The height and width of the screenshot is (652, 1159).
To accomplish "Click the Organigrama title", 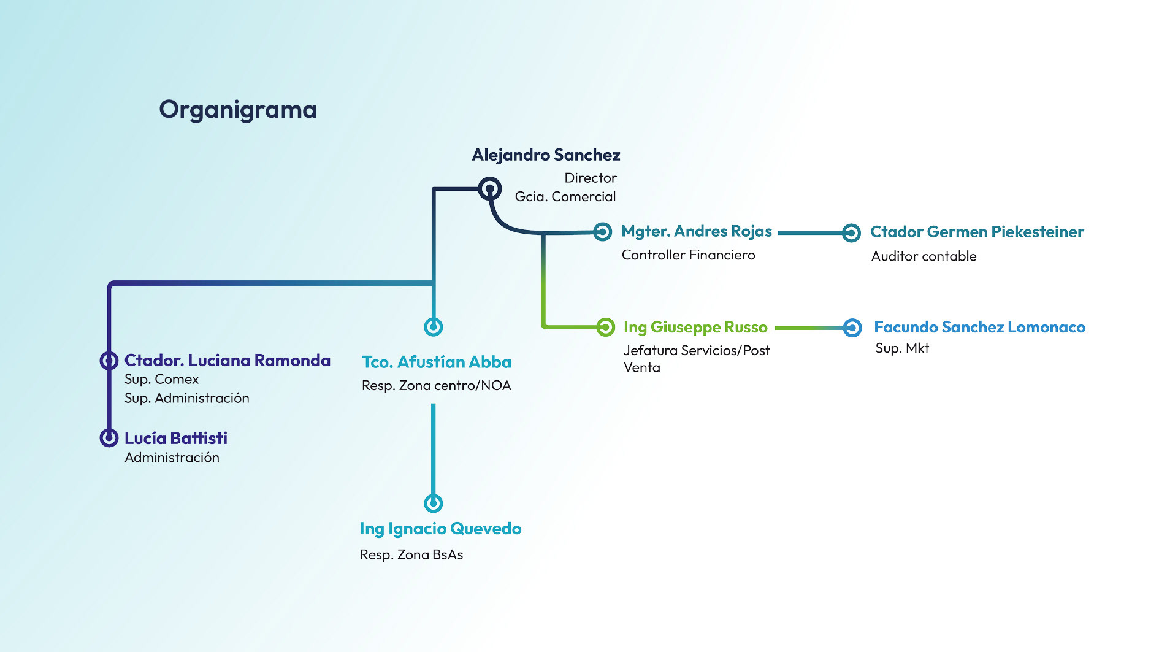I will coord(238,110).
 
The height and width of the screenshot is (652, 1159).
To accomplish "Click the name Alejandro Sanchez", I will coord(546,155).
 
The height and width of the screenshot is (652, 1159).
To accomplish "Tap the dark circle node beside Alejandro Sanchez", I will coord(489,188).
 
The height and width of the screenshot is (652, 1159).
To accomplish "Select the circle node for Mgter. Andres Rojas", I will coord(603,232).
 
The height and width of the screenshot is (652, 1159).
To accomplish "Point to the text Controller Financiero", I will coord(688,255).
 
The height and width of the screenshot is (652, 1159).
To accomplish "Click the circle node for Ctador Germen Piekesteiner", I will coord(851,232).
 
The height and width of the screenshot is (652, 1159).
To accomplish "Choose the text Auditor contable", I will coord(924,256).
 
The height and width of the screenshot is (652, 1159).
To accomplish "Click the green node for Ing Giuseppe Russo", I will coord(605,327).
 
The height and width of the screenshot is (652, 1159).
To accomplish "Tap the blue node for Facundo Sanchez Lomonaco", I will coord(852,328).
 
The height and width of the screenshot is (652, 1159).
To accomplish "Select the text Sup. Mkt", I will coord(902,348).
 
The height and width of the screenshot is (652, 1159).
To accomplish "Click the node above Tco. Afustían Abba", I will coord(434,326).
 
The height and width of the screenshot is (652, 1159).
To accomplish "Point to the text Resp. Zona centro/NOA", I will coord(436,386).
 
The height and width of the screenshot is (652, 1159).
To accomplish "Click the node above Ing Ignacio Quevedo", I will coord(434,503).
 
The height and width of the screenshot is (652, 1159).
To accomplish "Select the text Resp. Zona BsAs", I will coord(411,555).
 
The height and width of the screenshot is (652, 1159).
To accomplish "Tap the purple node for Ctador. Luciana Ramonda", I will coord(109,360).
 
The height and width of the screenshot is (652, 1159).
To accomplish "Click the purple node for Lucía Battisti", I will coord(109,437).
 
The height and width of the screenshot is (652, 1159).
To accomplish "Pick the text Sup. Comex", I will coord(161,380).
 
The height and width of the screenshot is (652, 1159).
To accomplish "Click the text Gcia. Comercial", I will coord(565,197).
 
